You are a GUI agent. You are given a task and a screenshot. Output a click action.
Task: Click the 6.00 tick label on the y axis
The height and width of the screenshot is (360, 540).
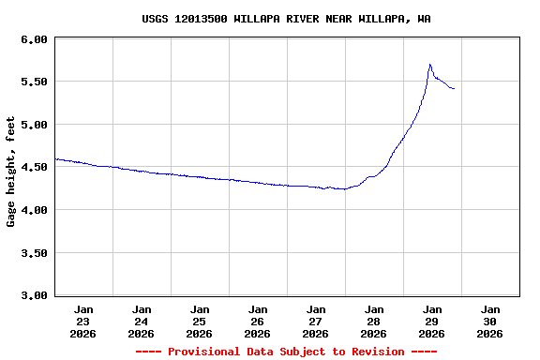(34, 39)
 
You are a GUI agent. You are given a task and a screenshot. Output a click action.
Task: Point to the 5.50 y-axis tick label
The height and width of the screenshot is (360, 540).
(34, 82)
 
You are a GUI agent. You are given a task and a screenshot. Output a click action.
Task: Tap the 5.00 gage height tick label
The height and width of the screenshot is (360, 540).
(34, 125)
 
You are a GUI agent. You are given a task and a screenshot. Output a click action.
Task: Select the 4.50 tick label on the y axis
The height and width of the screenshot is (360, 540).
(34, 167)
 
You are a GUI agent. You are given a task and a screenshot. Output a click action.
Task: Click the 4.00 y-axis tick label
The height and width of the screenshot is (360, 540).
(34, 210)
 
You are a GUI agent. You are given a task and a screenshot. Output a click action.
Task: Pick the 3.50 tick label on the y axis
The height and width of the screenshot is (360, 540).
(34, 252)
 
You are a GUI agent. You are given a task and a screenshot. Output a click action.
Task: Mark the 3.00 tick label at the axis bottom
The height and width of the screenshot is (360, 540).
(34, 295)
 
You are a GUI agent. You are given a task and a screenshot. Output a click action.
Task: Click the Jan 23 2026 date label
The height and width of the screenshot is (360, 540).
(83, 321)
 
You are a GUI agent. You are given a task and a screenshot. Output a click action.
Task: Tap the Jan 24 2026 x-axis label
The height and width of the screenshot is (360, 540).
(142, 321)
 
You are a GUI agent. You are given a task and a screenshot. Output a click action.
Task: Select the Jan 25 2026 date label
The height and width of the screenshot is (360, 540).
(200, 321)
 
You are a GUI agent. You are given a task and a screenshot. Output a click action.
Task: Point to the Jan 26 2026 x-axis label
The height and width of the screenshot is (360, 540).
(258, 321)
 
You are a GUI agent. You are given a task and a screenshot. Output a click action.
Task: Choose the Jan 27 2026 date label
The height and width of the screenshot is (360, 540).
(316, 321)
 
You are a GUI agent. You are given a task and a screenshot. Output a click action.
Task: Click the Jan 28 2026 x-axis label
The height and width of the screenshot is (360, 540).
(374, 321)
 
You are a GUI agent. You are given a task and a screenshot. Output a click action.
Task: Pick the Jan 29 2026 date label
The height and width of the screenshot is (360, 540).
(432, 321)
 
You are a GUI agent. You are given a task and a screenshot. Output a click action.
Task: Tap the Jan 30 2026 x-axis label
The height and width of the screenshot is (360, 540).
(490, 321)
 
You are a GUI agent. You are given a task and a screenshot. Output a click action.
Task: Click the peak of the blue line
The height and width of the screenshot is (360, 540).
(429, 65)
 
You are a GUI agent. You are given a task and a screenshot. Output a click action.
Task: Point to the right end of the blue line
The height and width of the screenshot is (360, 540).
(454, 89)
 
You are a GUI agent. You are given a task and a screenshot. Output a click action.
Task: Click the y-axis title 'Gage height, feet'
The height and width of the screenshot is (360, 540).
(11, 171)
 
